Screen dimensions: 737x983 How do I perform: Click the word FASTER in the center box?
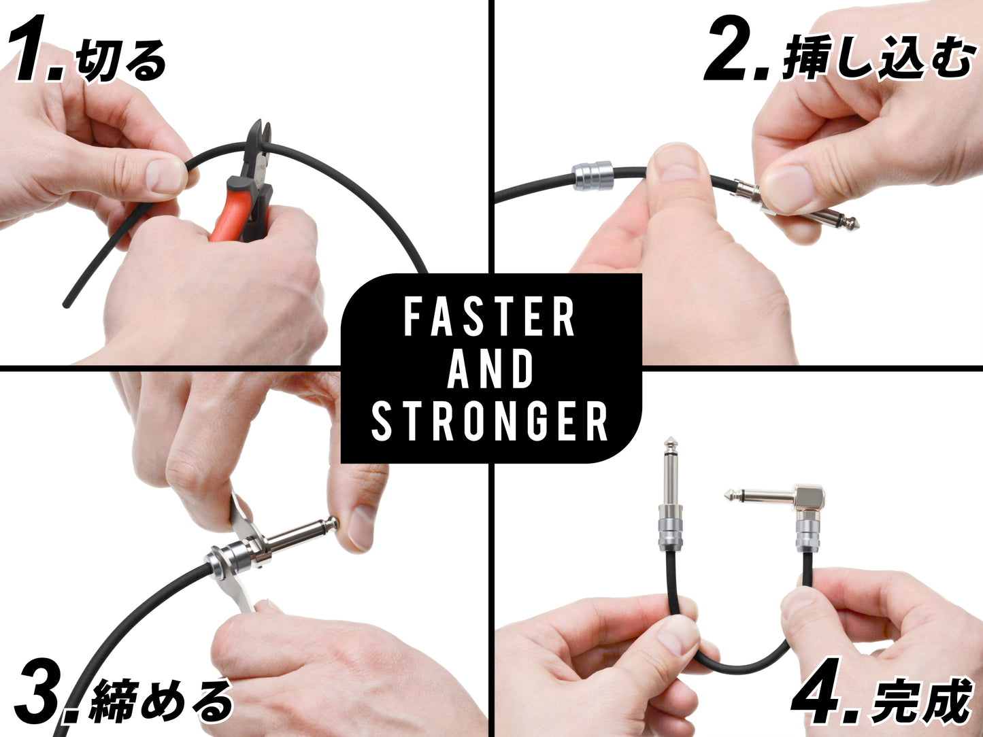click(490, 317)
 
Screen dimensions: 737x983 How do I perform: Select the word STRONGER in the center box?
click(490, 422)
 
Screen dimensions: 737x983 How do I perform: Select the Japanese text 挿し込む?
click(878, 58)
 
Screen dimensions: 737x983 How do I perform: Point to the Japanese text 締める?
click(162, 700)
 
